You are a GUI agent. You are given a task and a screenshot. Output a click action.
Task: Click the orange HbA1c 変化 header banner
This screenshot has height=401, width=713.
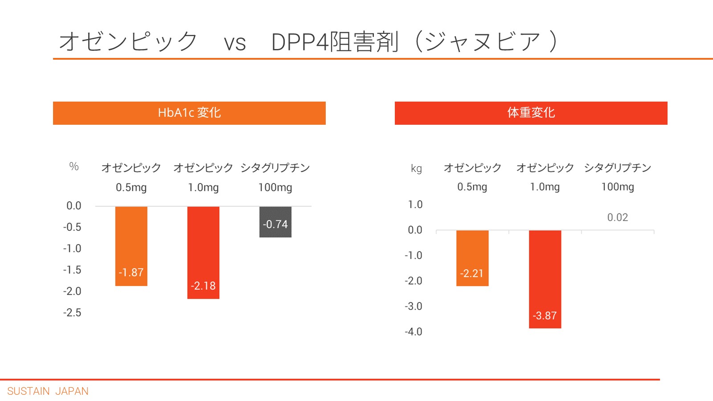pos(189,113)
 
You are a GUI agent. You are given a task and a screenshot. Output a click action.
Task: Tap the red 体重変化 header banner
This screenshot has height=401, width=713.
pos(531,113)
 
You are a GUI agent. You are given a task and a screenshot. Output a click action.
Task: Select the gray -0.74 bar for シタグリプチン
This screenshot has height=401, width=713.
pos(275,221)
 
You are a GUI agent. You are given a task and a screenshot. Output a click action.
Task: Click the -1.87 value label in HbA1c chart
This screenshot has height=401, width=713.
pos(131,272)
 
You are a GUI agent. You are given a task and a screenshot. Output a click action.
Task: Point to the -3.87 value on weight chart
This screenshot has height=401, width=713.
pos(545,315)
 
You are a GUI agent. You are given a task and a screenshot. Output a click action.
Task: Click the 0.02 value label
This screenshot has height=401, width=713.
pos(617,217)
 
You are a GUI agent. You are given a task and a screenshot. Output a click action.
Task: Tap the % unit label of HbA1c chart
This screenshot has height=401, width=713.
pos(74,167)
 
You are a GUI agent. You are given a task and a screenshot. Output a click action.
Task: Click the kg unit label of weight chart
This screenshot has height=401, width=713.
pos(416,168)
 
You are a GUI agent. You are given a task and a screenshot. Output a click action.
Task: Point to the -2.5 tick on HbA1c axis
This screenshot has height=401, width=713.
pos(72,312)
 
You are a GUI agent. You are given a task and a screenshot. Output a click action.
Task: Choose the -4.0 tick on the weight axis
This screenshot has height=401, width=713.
pos(413,331)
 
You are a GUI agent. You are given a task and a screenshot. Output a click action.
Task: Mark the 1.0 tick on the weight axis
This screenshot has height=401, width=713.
pos(415,205)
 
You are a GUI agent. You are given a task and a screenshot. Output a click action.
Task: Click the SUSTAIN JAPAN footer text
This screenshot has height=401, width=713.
pos(48,391)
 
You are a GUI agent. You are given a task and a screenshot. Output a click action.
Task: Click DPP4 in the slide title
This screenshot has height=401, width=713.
pos(299,42)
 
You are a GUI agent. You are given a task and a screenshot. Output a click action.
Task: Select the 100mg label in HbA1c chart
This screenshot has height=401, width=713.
pos(275,187)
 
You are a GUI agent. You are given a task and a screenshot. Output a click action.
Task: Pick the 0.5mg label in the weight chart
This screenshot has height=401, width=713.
pos(472,187)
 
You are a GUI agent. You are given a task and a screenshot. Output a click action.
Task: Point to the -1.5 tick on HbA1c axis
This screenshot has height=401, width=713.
pos(72,270)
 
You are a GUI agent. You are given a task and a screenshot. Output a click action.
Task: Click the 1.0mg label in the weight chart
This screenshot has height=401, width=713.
pos(545,187)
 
